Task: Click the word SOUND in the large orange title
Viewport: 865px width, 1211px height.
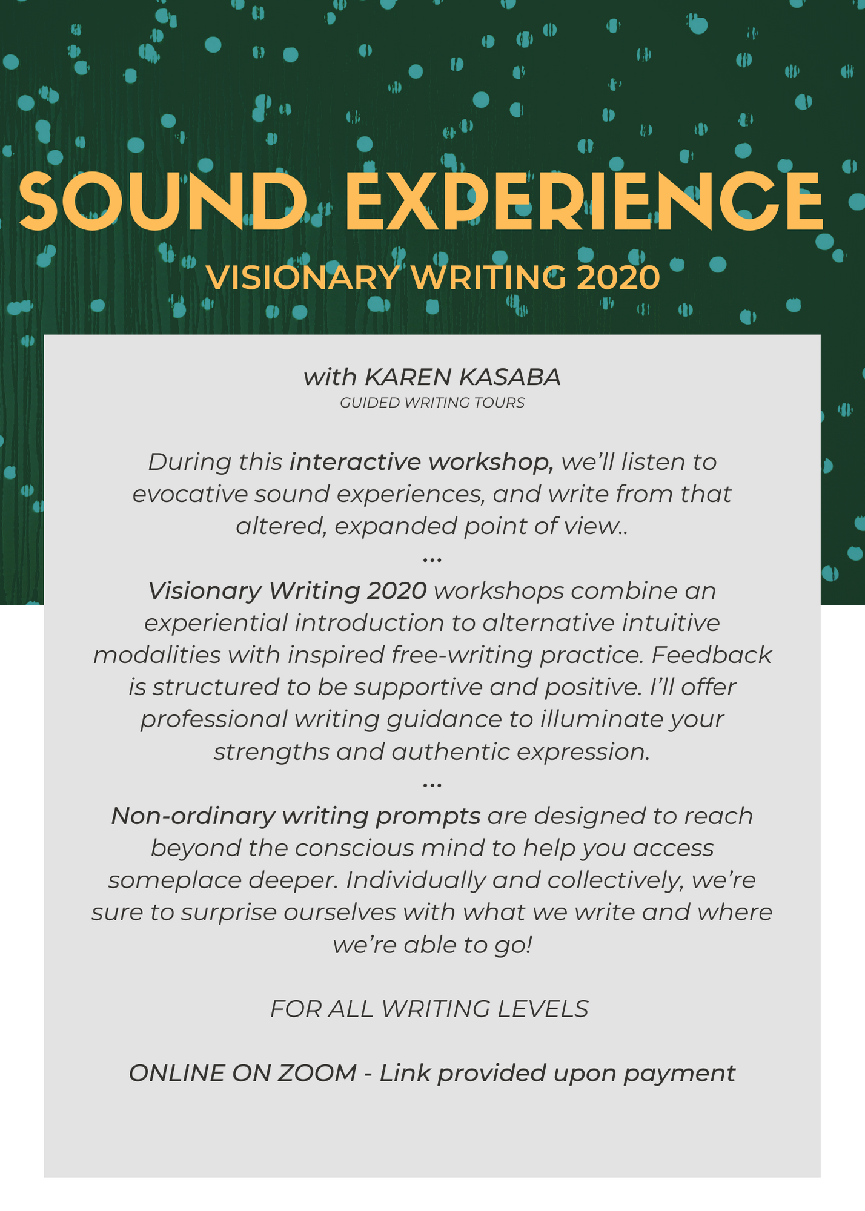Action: [x=163, y=201]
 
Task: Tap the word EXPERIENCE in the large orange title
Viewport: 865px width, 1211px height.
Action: [x=584, y=201]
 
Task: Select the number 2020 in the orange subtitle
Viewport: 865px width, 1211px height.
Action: [x=618, y=278]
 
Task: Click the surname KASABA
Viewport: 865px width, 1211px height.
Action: [x=510, y=377]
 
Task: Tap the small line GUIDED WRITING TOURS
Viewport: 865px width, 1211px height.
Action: [x=432, y=403]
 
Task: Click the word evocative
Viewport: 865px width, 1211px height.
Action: [x=190, y=494]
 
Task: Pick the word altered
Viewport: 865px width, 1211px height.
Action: [x=282, y=526]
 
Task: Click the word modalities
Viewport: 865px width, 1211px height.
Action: [x=157, y=655]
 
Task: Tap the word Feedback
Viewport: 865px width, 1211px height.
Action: [x=711, y=655]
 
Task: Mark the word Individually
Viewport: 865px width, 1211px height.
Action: [x=416, y=880]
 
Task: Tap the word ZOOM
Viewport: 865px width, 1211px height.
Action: [x=317, y=1074]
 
